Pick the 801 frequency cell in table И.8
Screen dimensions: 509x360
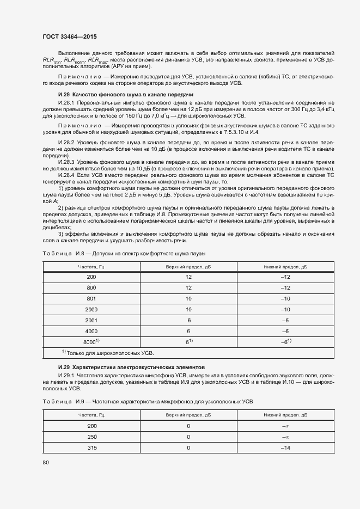(x=91, y=299)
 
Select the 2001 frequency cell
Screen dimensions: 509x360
(x=91, y=320)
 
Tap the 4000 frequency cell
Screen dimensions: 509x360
(x=91, y=330)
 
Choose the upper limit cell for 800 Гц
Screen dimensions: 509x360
(x=188, y=288)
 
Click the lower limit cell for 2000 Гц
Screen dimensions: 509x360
(x=284, y=309)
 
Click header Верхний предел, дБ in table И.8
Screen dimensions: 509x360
(x=188, y=267)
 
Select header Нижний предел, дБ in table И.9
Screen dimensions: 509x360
(x=284, y=415)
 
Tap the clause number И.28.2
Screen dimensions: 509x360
(x=65, y=140)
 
